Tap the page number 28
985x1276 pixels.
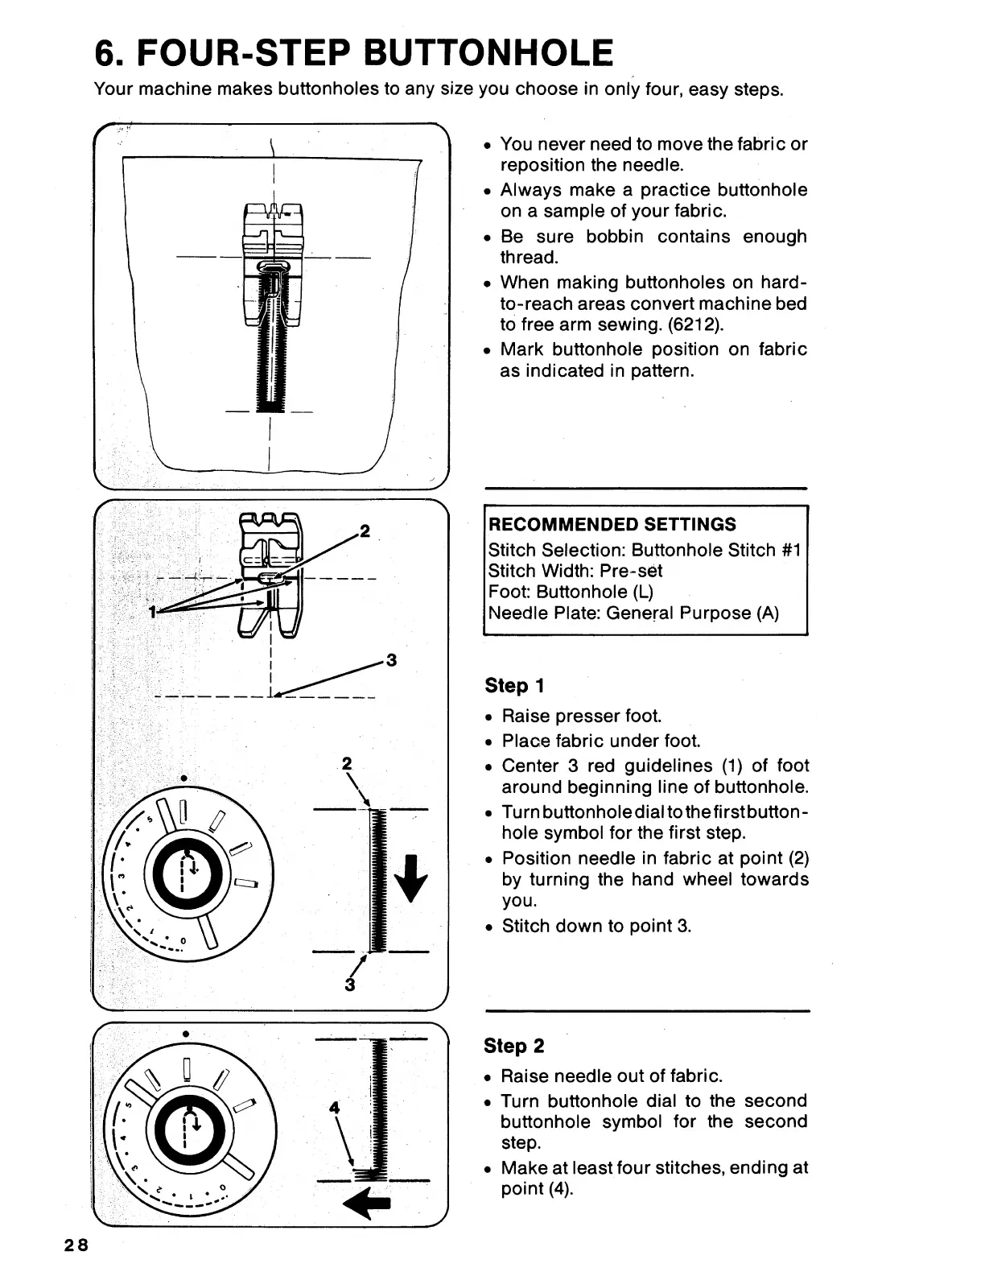tap(78, 1245)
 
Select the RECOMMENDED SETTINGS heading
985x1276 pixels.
tap(612, 525)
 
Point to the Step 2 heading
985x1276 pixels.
tap(513, 1046)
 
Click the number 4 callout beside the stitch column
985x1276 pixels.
tap(335, 1108)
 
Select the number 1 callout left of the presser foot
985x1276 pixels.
tap(152, 612)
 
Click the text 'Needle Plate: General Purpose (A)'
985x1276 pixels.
tap(633, 613)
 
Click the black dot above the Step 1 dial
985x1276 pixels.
tap(184, 778)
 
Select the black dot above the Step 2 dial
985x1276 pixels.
tap(186, 1034)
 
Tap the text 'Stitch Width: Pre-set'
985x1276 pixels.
tap(575, 572)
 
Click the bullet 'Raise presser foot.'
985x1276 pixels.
tap(581, 716)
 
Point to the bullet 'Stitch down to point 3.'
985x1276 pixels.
tap(596, 927)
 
